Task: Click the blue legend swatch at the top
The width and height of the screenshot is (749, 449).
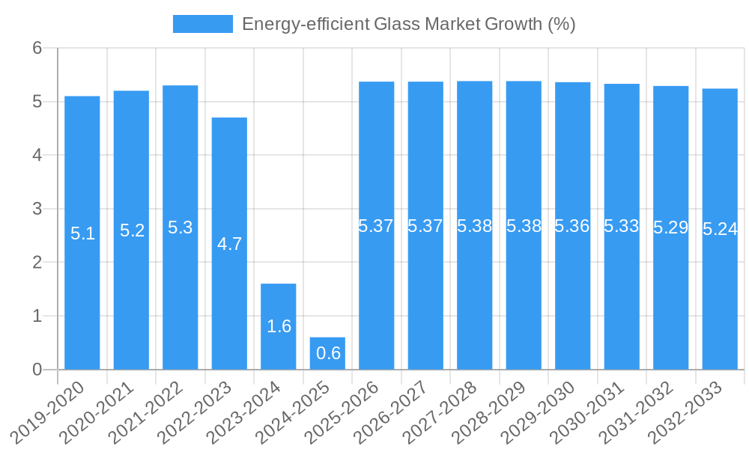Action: [x=202, y=24]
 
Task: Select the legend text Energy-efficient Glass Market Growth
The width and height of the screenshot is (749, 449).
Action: [x=408, y=24]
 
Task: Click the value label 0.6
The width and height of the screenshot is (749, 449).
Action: [x=328, y=353]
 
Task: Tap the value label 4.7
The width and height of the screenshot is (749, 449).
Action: [x=229, y=244]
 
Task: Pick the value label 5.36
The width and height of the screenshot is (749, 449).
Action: [x=572, y=226]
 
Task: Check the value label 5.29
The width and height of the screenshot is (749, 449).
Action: [x=670, y=227]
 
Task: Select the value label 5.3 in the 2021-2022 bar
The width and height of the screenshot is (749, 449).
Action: [x=180, y=227]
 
